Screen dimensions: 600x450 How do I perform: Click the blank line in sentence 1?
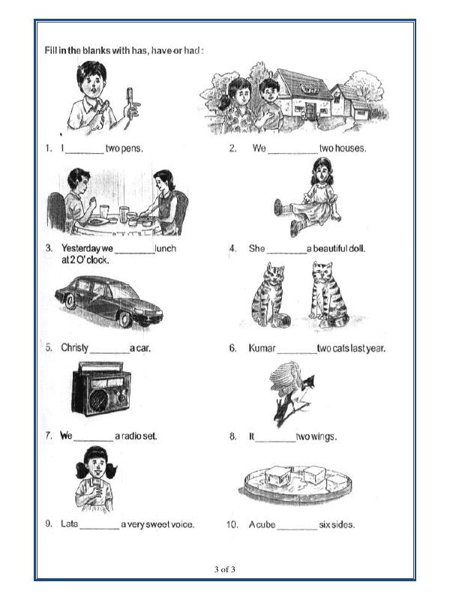85,149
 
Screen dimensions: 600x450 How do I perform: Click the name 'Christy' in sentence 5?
75,348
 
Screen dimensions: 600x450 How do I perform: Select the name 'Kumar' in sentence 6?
262,348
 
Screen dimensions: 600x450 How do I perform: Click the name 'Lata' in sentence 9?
69,524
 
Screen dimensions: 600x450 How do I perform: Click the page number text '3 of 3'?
224,570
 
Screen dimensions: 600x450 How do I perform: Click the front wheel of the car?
125,319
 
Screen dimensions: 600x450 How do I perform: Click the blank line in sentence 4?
286,249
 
